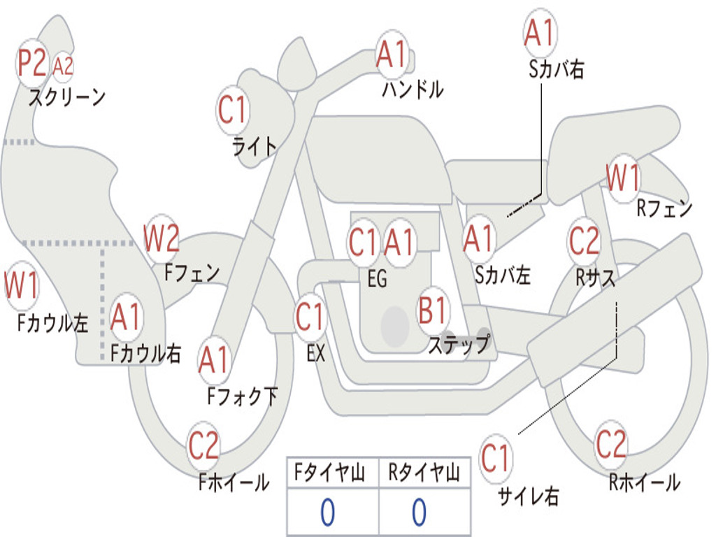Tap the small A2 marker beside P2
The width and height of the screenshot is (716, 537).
coord(63,66)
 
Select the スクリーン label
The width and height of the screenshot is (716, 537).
coord(67,97)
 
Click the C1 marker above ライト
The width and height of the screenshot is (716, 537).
coord(232,110)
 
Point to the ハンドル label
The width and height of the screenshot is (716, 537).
coord(413,89)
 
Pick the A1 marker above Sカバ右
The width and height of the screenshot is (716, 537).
coord(540,33)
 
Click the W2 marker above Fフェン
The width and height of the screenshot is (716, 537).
coord(161,238)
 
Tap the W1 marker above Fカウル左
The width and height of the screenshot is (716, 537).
coord(22,286)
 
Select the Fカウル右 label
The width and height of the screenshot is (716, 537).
coord(145,353)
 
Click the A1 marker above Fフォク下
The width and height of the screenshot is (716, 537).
coord(214,359)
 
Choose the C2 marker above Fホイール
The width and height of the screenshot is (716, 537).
coord(203,445)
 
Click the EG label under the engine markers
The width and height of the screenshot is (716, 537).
coord(377,278)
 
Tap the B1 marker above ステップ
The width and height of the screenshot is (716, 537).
coord(432,310)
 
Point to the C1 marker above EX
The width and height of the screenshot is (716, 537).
coord(310,317)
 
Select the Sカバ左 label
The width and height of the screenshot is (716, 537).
coord(503,275)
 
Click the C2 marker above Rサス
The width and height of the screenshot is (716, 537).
coord(584,241)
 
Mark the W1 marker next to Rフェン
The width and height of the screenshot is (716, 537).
coord(623,178)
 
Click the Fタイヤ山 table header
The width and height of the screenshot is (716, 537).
coord(330,473)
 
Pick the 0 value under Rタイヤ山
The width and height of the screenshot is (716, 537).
coord(420,513)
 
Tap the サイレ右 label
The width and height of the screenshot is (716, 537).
coord(529,496)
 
